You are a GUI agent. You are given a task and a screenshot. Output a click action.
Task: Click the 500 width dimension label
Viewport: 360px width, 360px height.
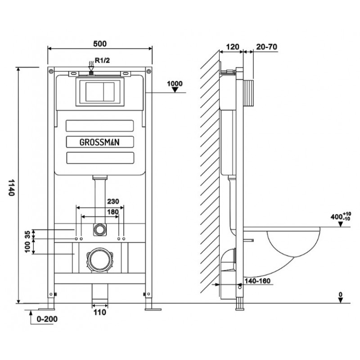[x=100, y=43]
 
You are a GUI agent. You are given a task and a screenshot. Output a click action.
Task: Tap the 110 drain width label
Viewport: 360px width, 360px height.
[x=100, y=312]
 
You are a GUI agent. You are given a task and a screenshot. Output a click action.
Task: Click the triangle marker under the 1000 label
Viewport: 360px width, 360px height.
[x=175, y=90]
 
